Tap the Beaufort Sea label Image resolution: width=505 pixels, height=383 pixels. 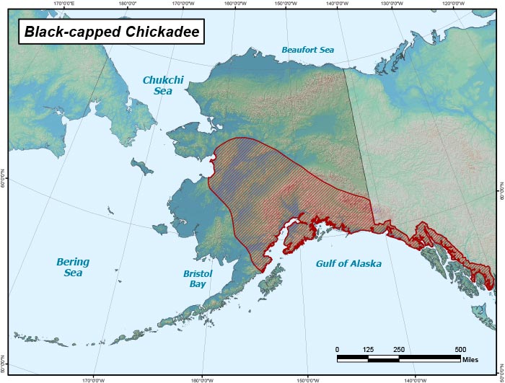308,50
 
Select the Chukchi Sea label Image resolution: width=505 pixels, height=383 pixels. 162,86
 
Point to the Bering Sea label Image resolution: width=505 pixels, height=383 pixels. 73,267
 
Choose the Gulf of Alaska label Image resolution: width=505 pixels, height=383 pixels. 348,264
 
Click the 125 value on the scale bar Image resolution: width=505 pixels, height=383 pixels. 368,349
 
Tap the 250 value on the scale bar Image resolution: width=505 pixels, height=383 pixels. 399,349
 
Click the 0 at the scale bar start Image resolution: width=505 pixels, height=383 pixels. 338,349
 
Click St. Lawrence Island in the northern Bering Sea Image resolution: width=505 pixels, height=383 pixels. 144,167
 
